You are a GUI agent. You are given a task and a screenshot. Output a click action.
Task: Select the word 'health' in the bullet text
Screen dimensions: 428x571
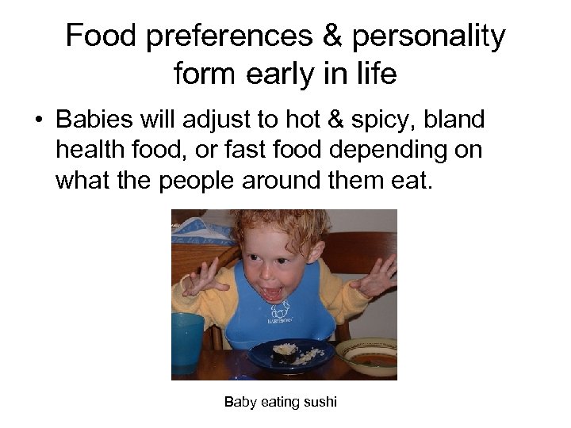click(x=94, y=151)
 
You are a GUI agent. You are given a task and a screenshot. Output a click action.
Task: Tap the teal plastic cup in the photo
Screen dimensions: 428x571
click(x=188, y=342)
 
